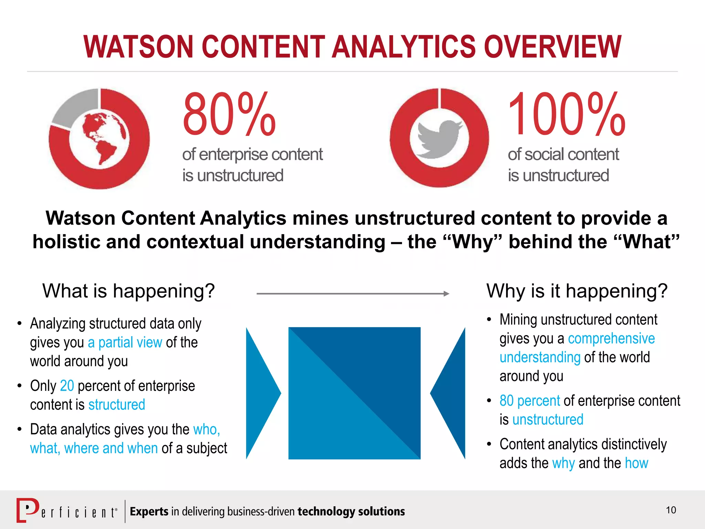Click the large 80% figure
pos(229,114)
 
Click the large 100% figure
pos(566,114)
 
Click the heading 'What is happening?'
pos(128,291)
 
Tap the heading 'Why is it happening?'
pos(577,291)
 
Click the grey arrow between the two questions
pos(353,294)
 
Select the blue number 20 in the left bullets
pos(67,386)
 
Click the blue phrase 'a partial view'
pos(125,342)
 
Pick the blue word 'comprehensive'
pos(611,339)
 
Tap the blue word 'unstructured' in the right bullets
pos(548,419)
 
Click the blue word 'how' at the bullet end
pos(636,463)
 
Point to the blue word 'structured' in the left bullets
pos(117,405)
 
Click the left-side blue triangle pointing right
pos(260,393)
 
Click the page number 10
pos(671,510)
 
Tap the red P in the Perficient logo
pos(28,510)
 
